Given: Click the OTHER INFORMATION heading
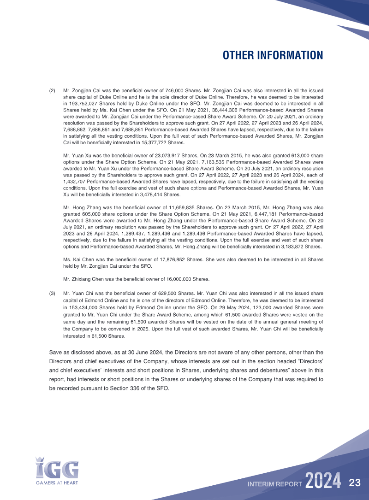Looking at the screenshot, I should [273, 55].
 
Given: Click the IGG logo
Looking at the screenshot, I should [57, 467].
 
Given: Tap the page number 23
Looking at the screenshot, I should [354, 483].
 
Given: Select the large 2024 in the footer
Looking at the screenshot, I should [323, 482].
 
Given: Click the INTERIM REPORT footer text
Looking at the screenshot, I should [275, 484].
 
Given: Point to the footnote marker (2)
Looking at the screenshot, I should [52, 91].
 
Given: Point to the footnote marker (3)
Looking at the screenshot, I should [52, 293].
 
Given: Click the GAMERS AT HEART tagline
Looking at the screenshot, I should [57, 483].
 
